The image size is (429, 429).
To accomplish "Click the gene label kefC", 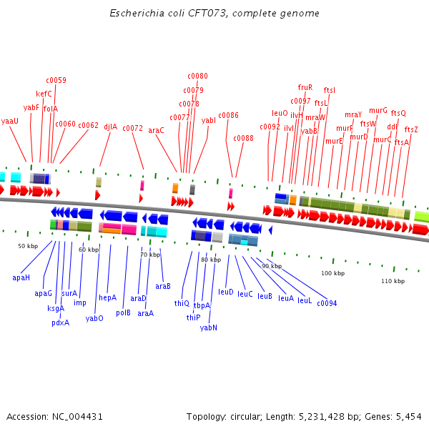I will point(44,94).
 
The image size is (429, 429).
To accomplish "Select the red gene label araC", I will point(156,130).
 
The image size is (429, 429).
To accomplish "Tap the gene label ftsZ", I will point(411,129).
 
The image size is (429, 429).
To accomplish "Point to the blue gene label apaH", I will point(21,277).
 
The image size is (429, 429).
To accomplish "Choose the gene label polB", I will point(123,312).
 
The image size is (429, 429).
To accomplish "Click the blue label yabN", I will point(209,327).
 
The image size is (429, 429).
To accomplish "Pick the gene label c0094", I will point(327,303).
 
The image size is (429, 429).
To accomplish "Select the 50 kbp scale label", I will point(28,246).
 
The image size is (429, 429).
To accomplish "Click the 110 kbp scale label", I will point(393,281).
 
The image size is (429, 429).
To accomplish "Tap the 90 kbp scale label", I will point(272,266).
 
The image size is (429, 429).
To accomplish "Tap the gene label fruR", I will point(305,87).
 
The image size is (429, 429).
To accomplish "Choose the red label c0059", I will point(56,80).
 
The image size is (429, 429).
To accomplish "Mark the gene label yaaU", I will point(10,121).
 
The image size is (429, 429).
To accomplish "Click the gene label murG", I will point(378,111).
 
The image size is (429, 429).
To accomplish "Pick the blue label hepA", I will point(107,297).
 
